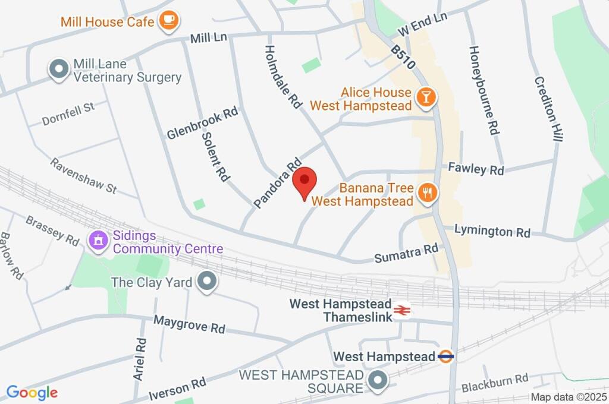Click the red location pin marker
(306, 181)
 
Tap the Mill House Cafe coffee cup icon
(168, 21)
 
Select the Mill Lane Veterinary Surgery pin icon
(59, 70)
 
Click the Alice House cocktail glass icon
(425, 97)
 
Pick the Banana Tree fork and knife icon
(427, 192)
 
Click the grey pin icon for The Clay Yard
(206, 282)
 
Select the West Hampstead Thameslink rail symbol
(403, 310)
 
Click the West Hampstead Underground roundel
(446, 356)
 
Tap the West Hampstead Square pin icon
(377, 381)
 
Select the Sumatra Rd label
(406, 254)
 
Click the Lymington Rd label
(492, 231)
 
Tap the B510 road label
(404, 58)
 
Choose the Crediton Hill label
(548, 109)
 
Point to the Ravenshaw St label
(83, 176)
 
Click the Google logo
(32, 392)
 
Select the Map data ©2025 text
(568, 397)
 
